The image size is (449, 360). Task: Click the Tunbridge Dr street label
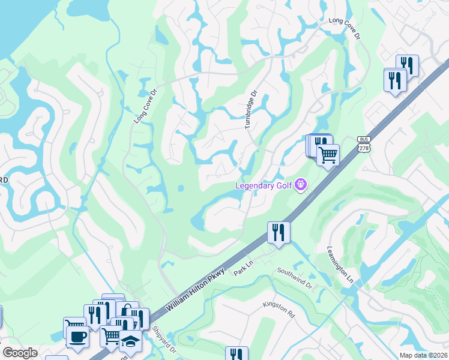[251, 109]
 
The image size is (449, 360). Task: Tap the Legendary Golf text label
[264, 185]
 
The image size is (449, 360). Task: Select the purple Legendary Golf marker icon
[301, 185]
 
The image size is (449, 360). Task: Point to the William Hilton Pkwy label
[195, 289]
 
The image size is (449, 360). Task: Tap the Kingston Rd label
[279, 310]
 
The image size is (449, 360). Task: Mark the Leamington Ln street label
[339, 265]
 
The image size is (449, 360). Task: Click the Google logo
[19, 353]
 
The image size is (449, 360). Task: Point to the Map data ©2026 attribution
[424, 355]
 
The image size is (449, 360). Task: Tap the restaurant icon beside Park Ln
[279, 231]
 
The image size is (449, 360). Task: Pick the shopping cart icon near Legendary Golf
[328, 155]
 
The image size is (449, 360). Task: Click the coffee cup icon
[77, 337]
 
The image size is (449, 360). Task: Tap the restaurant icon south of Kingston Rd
[237, 354]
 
